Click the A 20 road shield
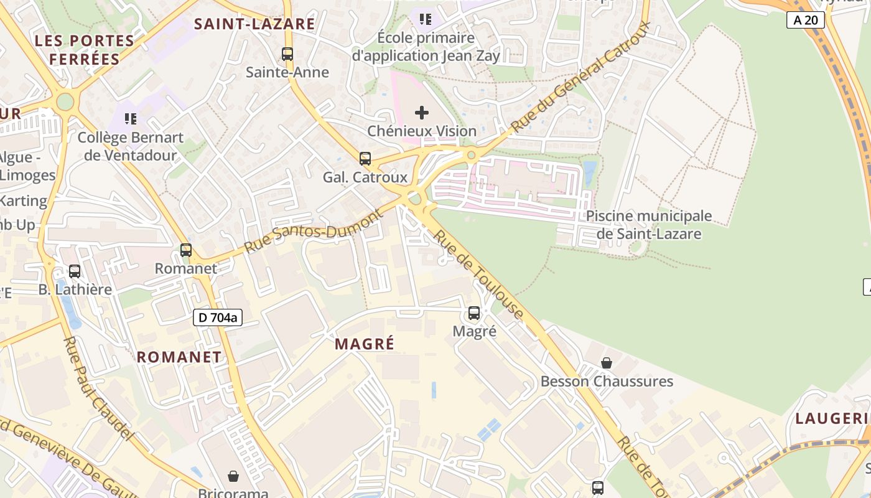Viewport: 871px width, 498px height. [806, 20]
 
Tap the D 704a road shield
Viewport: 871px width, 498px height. [217, 317]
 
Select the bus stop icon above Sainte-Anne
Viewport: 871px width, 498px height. [287, 54]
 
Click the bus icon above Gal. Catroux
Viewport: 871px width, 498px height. [365, 159]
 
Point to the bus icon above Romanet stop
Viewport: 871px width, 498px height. [186, 250]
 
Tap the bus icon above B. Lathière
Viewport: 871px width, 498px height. [75, 271]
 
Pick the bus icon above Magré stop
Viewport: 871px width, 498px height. [474, 313]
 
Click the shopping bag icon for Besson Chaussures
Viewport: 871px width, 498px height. [607, 363]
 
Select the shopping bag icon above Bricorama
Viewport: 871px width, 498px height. [233, 476]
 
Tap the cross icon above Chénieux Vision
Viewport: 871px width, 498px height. [422, 113]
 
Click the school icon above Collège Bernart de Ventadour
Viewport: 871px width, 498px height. [131, 118]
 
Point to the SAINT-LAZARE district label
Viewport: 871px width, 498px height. [254, 24]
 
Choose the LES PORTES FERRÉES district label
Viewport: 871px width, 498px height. [85, 50]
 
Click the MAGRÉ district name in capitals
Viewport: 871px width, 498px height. [365, 344]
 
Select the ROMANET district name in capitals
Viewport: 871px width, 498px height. [179, 357]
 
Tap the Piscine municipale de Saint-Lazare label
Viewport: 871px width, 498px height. [649, 225]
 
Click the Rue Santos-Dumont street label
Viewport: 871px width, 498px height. [314, 232]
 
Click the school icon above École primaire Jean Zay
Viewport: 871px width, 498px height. [426, 19]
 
